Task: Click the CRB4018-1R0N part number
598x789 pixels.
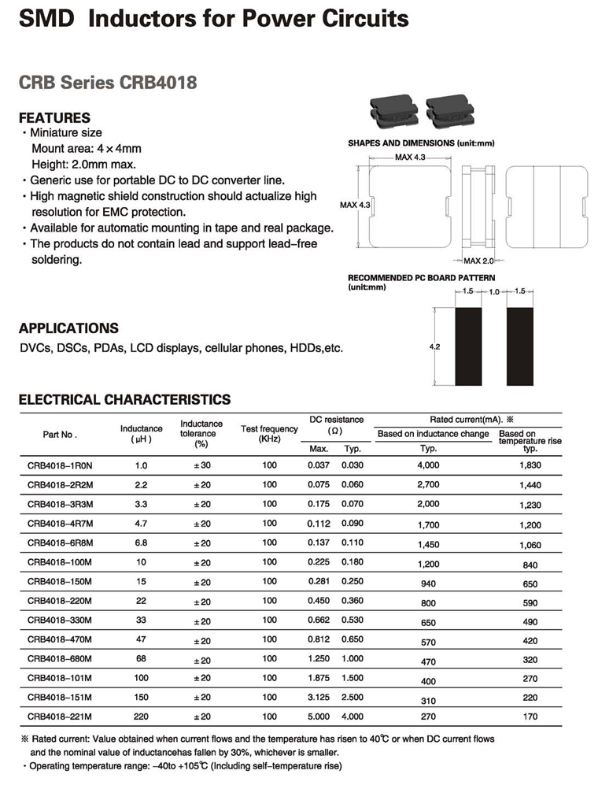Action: (x=59, y=465)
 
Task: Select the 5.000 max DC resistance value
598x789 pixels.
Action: (x=319, y=717)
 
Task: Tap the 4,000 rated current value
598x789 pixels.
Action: (x=429, y=465)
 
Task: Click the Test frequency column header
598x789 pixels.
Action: (x=269, y=433)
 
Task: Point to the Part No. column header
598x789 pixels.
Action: (x=59, y=434)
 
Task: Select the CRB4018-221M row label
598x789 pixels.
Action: (x=60, y=717)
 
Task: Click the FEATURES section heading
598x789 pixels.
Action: (x=54, y=118)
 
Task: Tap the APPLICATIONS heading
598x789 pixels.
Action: (x=68, y=328)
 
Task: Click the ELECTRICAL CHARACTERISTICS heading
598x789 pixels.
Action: (x=124, y=400)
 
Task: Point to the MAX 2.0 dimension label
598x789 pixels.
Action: (x=478, y=261)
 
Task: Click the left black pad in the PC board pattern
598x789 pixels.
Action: (x=469, y=346)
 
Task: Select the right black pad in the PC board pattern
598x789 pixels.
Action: (x=519, y=346)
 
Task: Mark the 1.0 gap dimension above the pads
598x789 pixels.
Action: (x=494, y=292)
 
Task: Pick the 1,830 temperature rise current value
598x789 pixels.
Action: (x=530, y=465)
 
